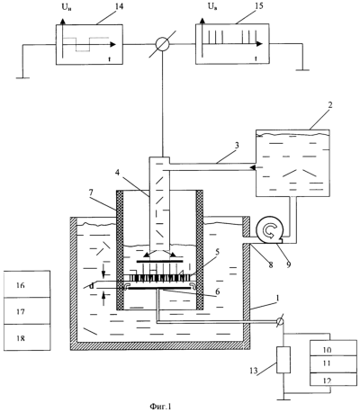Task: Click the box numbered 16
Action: pos(27,284)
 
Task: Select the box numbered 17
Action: pos(27,310)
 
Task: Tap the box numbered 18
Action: pos(27,337)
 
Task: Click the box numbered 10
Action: pos(333,348)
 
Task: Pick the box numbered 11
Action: pos(333,364)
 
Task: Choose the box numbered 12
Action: pos(333,380)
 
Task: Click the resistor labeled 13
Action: pos(283,360)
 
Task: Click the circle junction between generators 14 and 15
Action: pos(163,44)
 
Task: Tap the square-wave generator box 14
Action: pos(89,44)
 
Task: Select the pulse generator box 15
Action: pos(232,44)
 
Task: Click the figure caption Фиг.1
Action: pos(160,407)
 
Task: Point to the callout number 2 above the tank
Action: pos(330,105)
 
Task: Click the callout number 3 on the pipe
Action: pos(237,146)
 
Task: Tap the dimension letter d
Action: pos(92,287)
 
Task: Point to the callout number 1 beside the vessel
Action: pos(278,298)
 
